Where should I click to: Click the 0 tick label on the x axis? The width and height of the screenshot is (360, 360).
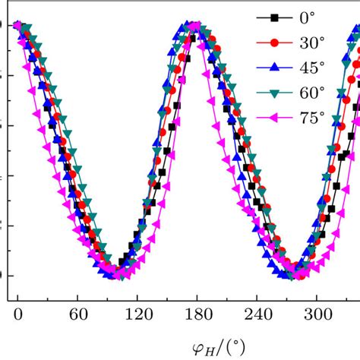(17, 312)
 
